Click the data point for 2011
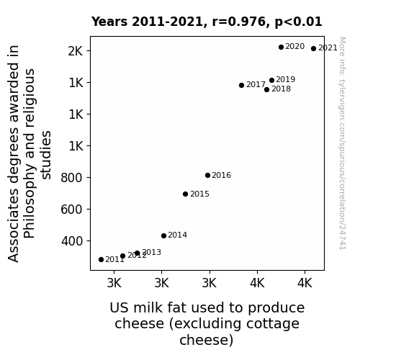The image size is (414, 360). [x=101, y=260]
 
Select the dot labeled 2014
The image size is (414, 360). [x=163, y=235]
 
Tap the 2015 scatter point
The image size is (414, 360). [x=185, y=194]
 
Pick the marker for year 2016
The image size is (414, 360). [x=207, y=176]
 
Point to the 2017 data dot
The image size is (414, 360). [x=241, y=85]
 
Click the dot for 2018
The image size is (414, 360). [x=266, y=90]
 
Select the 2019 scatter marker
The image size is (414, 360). [x=271, y=81]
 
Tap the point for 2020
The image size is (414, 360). [x=281, y=48]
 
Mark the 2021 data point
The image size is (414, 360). [x=313, y=48]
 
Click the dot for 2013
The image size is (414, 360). [x=137, y=253]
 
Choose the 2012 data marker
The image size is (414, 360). [x=122, y=256]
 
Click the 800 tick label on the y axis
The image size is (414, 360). [x=72, y=178]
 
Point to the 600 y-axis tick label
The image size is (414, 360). [x=72, y=210]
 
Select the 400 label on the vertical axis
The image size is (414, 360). [x=72, y=241]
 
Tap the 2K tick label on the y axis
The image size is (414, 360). [x=76, y=51]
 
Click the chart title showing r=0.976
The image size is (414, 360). [x=207, y=22]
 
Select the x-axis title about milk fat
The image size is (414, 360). [x=207, y=323]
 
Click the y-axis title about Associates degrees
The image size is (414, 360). [x=29, y=153]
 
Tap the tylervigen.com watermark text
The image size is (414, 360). [x=342, y=143]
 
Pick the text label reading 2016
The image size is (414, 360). [x=221, y=176]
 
